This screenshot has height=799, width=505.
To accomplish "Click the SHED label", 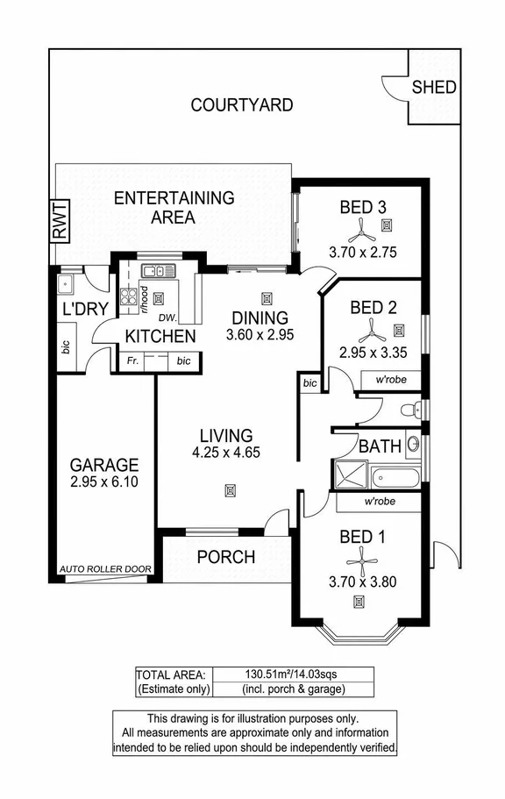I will coord(434,87).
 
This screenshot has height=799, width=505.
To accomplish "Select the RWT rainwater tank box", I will coord(59,222).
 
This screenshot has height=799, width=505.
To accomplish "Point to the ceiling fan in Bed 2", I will coord(373,331).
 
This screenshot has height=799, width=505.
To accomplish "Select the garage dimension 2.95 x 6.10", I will coord(104,482).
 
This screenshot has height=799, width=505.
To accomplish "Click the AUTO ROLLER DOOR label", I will coord(105,569).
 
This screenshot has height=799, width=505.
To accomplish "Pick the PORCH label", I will coord(225,557).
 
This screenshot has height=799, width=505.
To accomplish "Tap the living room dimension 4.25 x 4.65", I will coord(226,453).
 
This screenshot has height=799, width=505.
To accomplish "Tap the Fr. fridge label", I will coord(132,360).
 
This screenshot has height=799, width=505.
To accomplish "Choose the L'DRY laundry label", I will coord(84,309).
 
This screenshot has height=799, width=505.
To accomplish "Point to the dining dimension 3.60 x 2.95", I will coord(259,335).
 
